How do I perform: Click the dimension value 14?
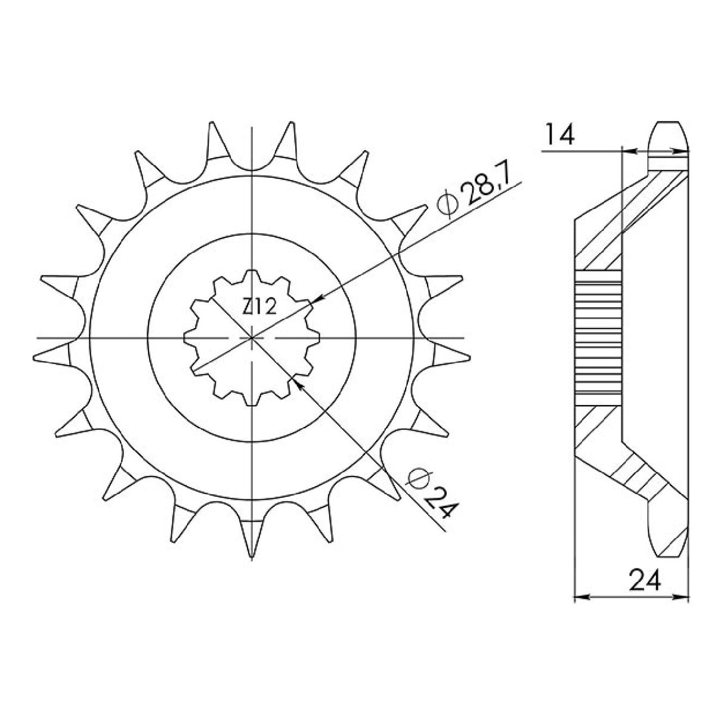pos(558,136)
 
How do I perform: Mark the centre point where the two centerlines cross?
pos(253,338)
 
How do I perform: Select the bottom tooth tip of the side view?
pos(666,546)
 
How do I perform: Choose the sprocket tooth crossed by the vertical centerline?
pos(253,531)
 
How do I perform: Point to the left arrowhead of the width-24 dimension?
pos(578,596)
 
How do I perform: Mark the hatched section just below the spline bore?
pos(596,423)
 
